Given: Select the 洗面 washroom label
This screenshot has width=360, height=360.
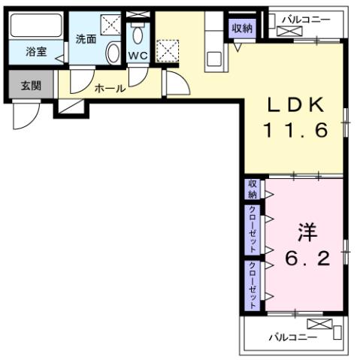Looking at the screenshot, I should pos(86,39).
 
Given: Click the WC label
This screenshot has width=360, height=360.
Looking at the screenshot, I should pos(137,56).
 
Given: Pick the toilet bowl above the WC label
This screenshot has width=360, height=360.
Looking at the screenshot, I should pos(138,35).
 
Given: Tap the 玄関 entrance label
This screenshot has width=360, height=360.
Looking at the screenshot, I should pos(31,85).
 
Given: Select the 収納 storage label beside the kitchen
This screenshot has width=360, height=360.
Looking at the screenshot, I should pos(241,28).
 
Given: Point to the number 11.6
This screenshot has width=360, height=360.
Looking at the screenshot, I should pos(295,131).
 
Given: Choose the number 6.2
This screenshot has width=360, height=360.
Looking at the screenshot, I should pos(306,259).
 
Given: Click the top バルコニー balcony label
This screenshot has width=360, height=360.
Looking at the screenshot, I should pos(306,19).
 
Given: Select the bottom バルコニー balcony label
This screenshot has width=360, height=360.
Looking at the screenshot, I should pos(293,337).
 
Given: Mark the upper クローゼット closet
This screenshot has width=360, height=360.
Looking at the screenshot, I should pos(253,229).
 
